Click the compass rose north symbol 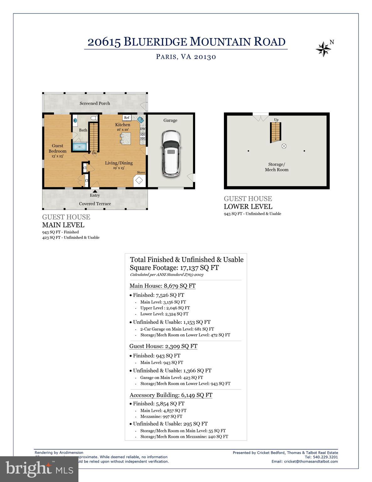pos(323,49)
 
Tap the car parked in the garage pos(171,153)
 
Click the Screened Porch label pos(95,103)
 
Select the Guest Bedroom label pos(57,148)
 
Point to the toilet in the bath pos(93,118)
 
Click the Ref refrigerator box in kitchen pos(127,118)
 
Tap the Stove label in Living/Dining pos(141,172)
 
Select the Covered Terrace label pos(95,204)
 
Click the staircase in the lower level pos(276,132)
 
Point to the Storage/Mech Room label pos(276,167)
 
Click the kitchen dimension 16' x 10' pos(123,130)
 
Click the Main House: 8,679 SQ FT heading pos(162,286)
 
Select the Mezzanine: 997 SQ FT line pos(161,416)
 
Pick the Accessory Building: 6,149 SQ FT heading pos(171,395)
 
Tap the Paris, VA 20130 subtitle pos(186,57)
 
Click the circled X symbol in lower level pos(284,146)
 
